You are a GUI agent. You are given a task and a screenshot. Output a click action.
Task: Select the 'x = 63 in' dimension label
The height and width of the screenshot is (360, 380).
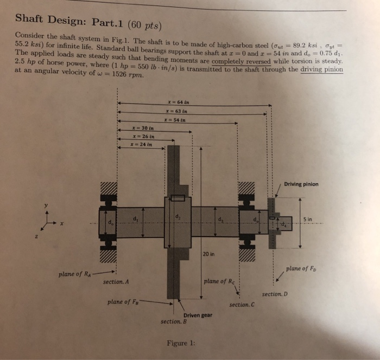(177, 112)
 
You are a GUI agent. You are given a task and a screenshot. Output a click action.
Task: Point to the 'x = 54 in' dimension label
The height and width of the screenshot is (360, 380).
(177, 120)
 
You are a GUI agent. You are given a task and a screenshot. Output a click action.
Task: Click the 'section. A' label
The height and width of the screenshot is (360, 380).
(116, 282)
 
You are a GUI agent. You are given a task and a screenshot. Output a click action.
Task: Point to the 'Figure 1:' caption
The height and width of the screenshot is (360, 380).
(180, 343)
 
